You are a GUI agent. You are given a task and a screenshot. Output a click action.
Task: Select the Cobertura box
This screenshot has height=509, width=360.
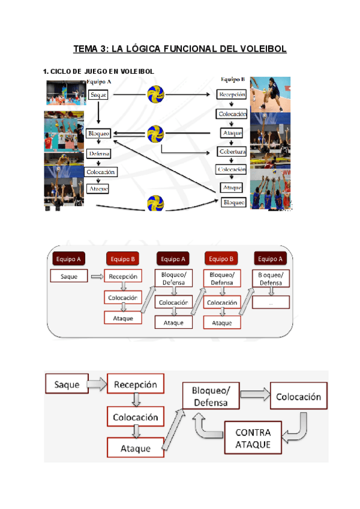[x=232, y=152]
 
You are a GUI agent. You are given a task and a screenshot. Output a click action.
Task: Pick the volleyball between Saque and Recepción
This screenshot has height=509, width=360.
[x=156, y=94]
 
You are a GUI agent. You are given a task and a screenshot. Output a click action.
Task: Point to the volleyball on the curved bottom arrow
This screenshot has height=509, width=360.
[x=156, y=203]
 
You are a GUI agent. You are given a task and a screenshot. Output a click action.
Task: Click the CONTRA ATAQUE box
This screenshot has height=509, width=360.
[x=253, y=438]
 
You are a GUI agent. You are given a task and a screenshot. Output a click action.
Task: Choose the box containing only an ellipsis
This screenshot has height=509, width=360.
[x=271, y=303]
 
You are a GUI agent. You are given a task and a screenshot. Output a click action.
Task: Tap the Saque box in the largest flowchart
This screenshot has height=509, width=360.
[x=67, y=384]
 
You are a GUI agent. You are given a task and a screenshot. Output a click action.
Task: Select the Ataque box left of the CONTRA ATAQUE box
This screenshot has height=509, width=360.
[x=135, y=448]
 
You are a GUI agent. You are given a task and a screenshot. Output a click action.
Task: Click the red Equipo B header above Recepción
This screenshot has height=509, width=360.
[x=123, y=259]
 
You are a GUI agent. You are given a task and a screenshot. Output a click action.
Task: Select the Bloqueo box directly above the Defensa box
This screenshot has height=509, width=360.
[x=98, y=133]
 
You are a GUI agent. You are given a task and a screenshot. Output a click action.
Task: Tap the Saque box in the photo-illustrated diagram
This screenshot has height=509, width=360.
[x=98, y=95]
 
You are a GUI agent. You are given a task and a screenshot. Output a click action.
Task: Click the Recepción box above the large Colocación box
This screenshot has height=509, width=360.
[x=136, y=384]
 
